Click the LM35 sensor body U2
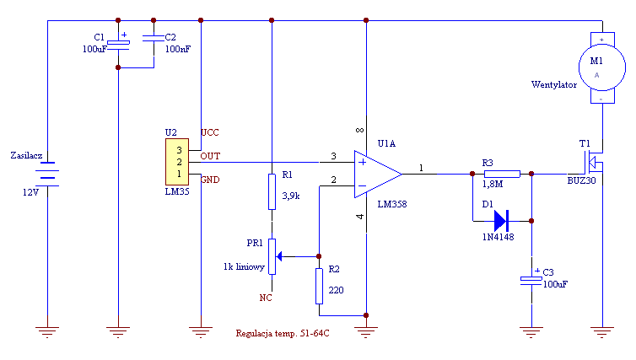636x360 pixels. click(x=177, y=162)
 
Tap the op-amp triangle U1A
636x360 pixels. click(x=377, y=175)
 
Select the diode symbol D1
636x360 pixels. click(x=502, y=221)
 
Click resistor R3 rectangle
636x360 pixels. click(x=502, y=174)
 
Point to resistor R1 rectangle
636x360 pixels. click(x=272, y=191)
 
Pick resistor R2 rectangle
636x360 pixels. click(x=319, y=286)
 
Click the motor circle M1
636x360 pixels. click(x=602, y=67)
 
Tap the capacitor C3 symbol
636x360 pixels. click(x=531, y=281)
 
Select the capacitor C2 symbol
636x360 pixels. click(x=154, y=39)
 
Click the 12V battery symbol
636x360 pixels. click(x=47, y=174)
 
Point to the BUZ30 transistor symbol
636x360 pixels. click(x=594, y=162)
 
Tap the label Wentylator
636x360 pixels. click(x=553, y=84)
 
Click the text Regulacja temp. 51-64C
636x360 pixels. click(x=283, y=333)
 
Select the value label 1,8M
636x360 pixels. click(x=493, y=184)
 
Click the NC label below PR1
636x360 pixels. click(x=265, y=298)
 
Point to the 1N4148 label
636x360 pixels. click(x=499, y=237)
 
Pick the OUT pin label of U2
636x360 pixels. click(x=210, y=156)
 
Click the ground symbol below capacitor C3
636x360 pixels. click(x=531, y=332)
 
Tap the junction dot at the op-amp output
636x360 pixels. click(x=472, y=174)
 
